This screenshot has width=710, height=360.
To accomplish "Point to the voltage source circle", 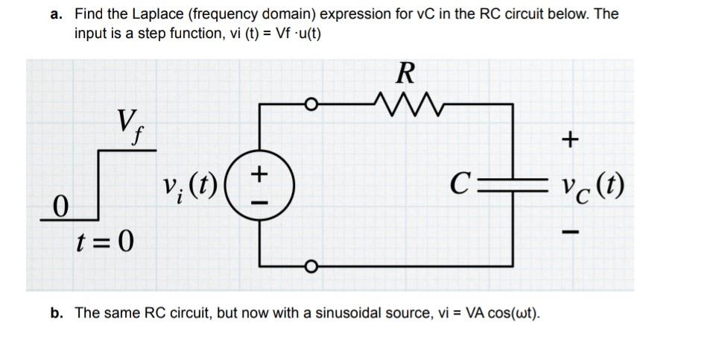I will (259, 183).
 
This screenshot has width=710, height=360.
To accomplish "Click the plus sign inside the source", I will (259, 173).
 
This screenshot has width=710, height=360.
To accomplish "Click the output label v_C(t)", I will (592, 183).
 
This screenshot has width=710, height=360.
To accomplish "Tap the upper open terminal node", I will (314, 104).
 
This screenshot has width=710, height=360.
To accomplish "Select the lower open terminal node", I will (314, 265).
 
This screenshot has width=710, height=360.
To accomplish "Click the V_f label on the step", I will (127, 122).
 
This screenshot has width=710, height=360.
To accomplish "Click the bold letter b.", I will (56, 313).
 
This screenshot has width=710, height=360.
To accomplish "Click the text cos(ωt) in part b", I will (513, 313).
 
